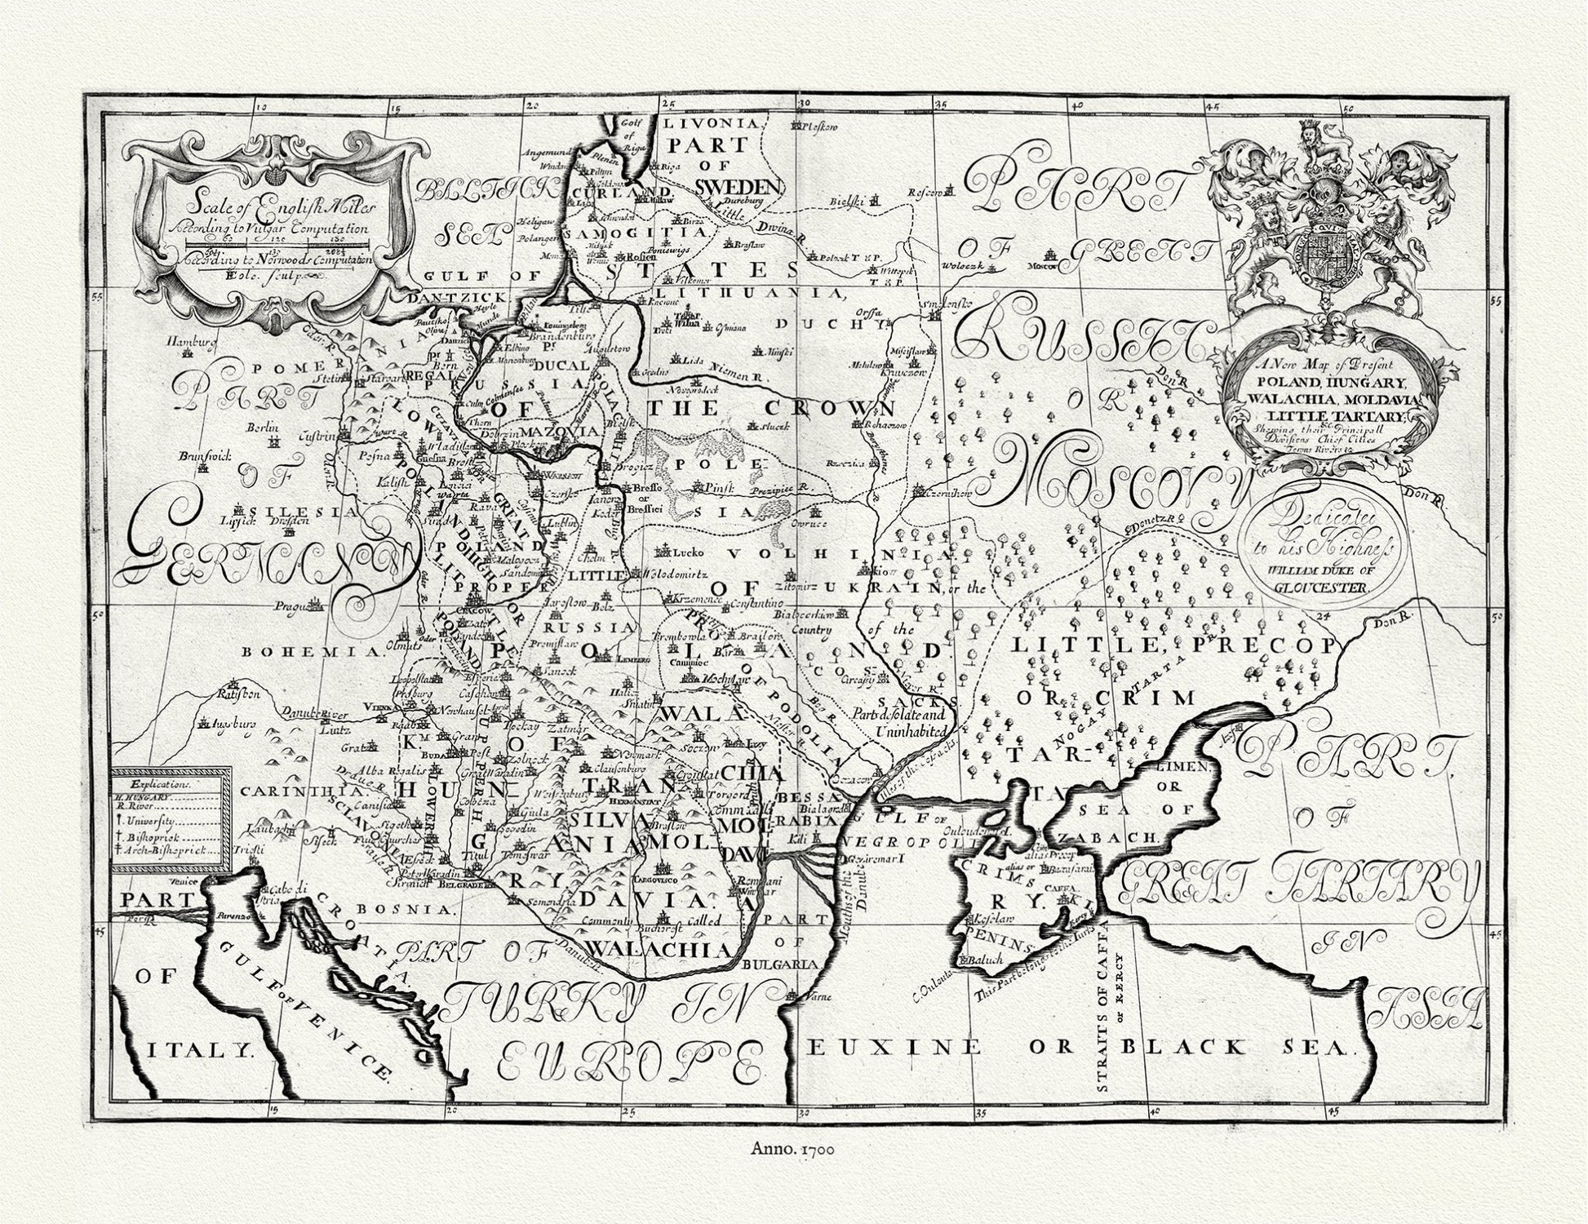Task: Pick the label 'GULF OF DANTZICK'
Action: pyautogui.click(x=453, y=287)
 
